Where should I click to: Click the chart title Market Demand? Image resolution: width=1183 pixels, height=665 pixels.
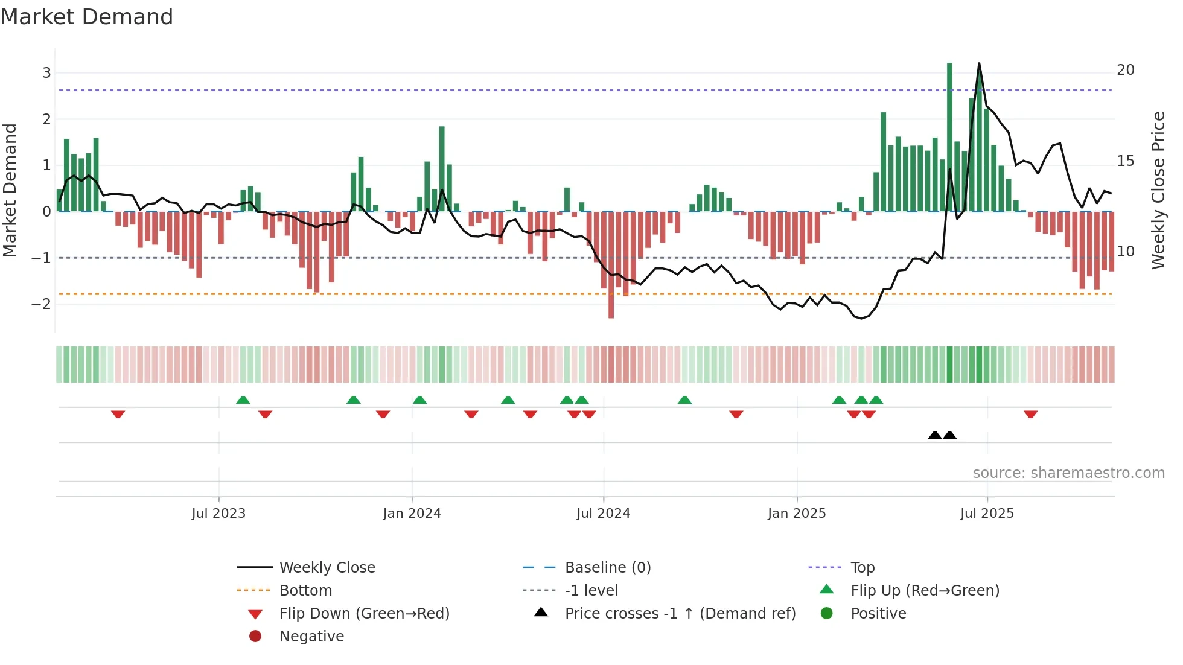(87, 17)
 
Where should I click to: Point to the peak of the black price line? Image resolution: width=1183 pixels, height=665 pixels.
(978, 63)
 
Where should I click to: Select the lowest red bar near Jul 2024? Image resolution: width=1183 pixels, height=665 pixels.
(611, 266)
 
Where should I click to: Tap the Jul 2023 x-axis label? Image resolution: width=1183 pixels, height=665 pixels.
(218, 514)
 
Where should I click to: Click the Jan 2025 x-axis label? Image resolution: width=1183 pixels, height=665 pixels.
(797, 514)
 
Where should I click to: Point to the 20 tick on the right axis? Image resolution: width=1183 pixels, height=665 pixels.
(1125, 70)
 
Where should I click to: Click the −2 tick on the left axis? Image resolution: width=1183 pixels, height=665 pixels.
(42, 304)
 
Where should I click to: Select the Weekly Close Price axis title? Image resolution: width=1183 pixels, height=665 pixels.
(1158, 190)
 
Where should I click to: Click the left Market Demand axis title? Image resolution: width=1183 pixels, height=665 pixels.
(10, 190)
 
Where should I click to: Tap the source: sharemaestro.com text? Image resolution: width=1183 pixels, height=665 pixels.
(1068, 473)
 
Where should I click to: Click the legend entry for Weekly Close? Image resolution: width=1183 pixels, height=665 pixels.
(327, 568)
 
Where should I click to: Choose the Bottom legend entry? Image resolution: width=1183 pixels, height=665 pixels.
(305, 591)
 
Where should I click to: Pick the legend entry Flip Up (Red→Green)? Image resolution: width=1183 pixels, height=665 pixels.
(925, 591)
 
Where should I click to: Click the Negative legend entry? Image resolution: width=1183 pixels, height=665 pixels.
(311, 637)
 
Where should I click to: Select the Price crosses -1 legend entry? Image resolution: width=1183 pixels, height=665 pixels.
(680, 614)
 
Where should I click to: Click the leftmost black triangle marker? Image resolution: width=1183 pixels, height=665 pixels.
(934, 436)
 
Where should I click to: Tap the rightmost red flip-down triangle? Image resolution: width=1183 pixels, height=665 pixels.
(1030, 414)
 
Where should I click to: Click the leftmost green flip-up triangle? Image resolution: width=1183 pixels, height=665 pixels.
(243, 400)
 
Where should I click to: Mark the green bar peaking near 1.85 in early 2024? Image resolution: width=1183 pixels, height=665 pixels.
(442, 169)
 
